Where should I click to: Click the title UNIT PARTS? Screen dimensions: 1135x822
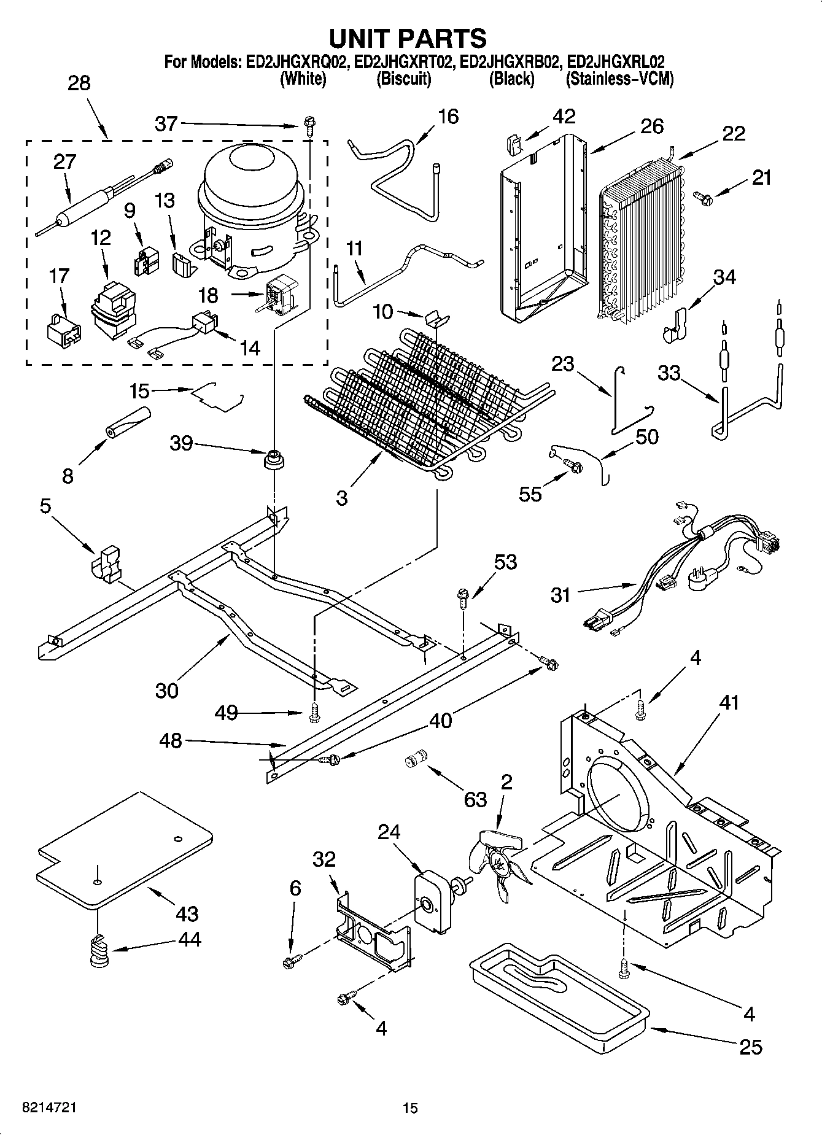pos(408,38)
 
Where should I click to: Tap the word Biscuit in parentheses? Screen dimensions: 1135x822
pos(403,79)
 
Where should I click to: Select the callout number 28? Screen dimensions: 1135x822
pos(79,83)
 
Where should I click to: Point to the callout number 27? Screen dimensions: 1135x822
pos(65,161)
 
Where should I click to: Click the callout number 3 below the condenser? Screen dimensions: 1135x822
pos(341,497)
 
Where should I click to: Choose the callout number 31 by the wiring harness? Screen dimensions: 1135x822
pos(560,595)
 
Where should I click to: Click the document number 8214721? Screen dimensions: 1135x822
pos(49,1108)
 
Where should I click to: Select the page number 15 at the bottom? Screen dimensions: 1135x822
pos(410,1108)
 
